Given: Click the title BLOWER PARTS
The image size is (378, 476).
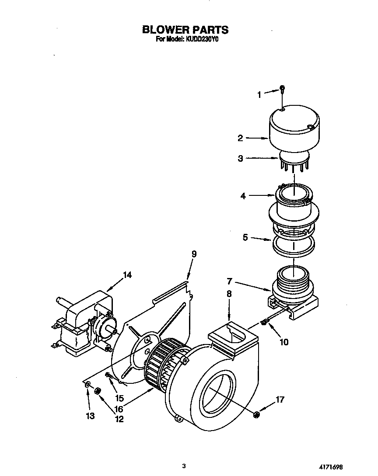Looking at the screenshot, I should [185, 30].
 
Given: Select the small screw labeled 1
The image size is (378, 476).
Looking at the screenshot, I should [282, 89].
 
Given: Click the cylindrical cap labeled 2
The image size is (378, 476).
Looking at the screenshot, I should [294, 129].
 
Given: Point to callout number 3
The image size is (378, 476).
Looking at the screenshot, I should [240, 159].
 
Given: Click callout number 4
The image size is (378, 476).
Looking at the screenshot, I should [243, 196].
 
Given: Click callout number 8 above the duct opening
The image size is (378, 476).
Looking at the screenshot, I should [229, 295].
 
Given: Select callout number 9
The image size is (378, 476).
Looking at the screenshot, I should [194, 254].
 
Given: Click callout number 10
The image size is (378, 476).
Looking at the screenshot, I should [284, 342].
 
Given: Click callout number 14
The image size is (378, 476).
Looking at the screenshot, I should [127, 275].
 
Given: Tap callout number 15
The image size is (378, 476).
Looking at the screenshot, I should [119, 398].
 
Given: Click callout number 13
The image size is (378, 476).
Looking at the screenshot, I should [90, 416].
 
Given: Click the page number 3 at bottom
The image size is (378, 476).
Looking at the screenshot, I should [185, 466].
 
